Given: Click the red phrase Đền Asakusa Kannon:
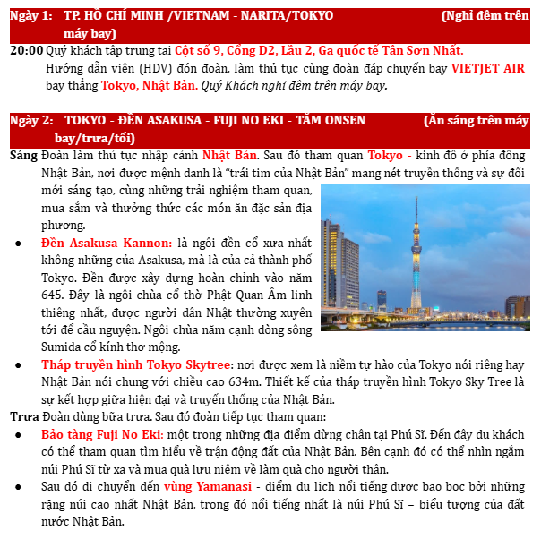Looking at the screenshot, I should pyautogui.click(x=107, y=243).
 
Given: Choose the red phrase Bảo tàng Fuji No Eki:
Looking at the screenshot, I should pyautogui.click(x=100, y=433).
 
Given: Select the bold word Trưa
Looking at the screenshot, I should pyautogui.click(x=24, y=416).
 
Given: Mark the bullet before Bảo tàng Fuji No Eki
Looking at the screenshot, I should pyautogui.click(x=19, y=434).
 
